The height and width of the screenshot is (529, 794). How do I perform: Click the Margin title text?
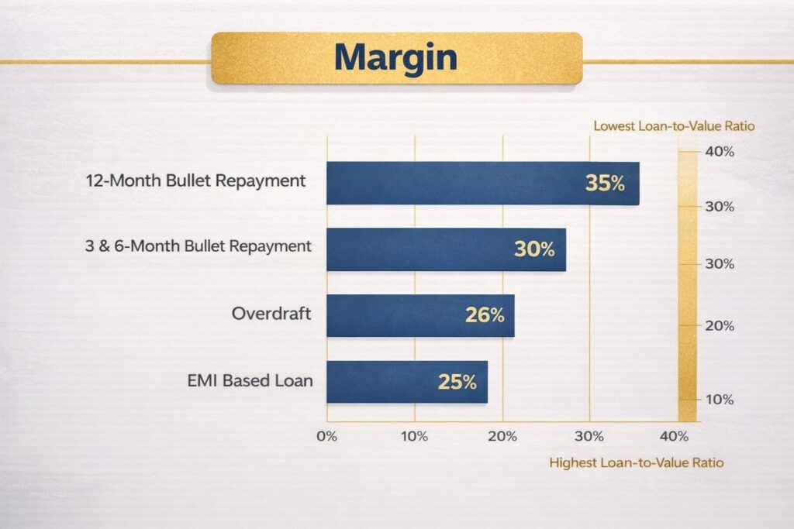(396, 57)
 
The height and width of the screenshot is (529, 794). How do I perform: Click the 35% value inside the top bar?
(605, 184)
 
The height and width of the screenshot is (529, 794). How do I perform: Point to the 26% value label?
(485, 315)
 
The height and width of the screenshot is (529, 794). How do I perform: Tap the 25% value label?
(457, 382)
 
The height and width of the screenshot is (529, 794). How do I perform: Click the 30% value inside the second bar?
(534, 249)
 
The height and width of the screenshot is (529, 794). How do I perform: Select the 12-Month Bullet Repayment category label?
(195, 181)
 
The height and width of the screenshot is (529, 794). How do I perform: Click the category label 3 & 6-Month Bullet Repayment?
(198, 247)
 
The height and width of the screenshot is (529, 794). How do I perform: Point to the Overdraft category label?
(271, 314)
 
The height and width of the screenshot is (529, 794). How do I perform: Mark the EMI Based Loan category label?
(250, 380)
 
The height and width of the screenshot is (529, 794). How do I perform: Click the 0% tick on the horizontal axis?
(326, 435)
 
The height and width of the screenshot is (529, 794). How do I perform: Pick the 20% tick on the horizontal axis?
(502, 435)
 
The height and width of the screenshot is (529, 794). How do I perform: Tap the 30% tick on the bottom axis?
(589, 435)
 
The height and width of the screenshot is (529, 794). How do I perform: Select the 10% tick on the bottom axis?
(414, 435)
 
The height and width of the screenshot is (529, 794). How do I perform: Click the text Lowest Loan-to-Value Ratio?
(674, 125)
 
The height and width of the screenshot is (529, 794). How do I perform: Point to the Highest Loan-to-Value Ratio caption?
(636, 462)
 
